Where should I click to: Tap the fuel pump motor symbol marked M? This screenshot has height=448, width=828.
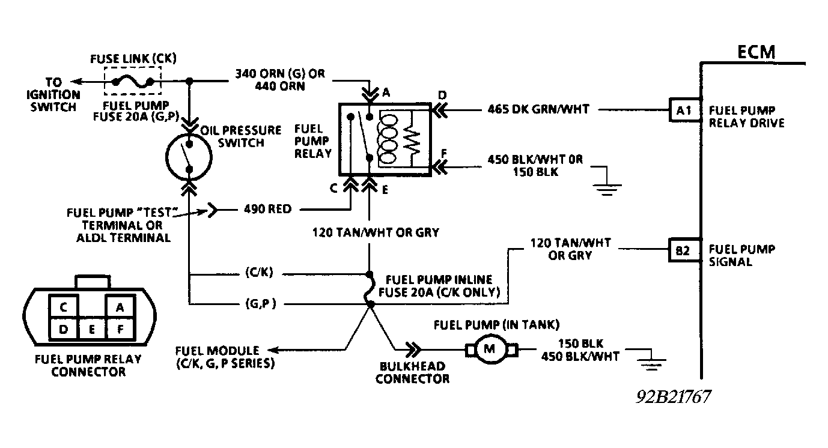tap(489, 348)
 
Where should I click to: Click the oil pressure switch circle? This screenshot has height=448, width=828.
tap(189, 156)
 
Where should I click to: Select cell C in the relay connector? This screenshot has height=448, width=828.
tap(63, 307)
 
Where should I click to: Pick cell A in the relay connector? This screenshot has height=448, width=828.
tap(120, 307)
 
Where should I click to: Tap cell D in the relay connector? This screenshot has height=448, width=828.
tap(63, 328)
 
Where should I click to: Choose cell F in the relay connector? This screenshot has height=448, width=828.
tap(120, 328)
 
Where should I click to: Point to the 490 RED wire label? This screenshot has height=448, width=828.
tap(267, 210)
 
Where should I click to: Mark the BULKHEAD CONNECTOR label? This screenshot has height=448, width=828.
tap(412, 372)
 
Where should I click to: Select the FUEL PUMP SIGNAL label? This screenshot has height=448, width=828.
tap(741, 255)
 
